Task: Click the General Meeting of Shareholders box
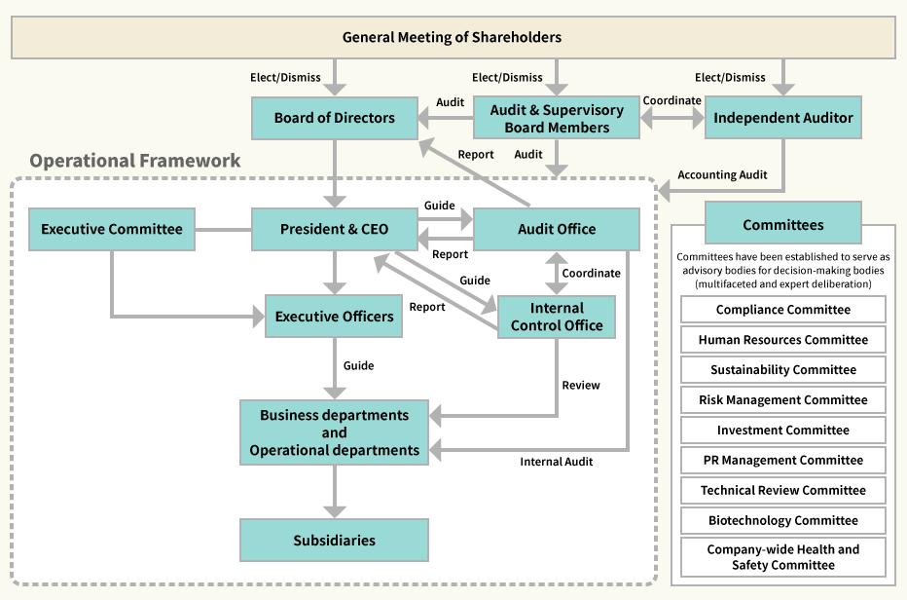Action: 453,38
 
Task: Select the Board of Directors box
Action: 334,118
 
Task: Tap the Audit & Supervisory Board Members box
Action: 557,118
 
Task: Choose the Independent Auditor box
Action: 783,118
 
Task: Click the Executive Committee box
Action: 112,229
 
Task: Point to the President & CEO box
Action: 334,229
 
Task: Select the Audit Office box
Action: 557,229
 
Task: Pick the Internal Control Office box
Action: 557,317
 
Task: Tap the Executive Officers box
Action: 334,317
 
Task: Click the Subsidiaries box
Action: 334,540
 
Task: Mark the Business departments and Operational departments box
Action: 334,432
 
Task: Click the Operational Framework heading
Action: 135,161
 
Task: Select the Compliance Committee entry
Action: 783,310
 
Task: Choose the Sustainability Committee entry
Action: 783,370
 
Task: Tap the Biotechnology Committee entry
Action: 783,520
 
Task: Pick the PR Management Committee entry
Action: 783,460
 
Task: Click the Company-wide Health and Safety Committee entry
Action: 783,557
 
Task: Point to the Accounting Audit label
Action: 722,175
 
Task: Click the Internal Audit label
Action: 557,462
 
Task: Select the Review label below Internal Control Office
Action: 581,386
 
